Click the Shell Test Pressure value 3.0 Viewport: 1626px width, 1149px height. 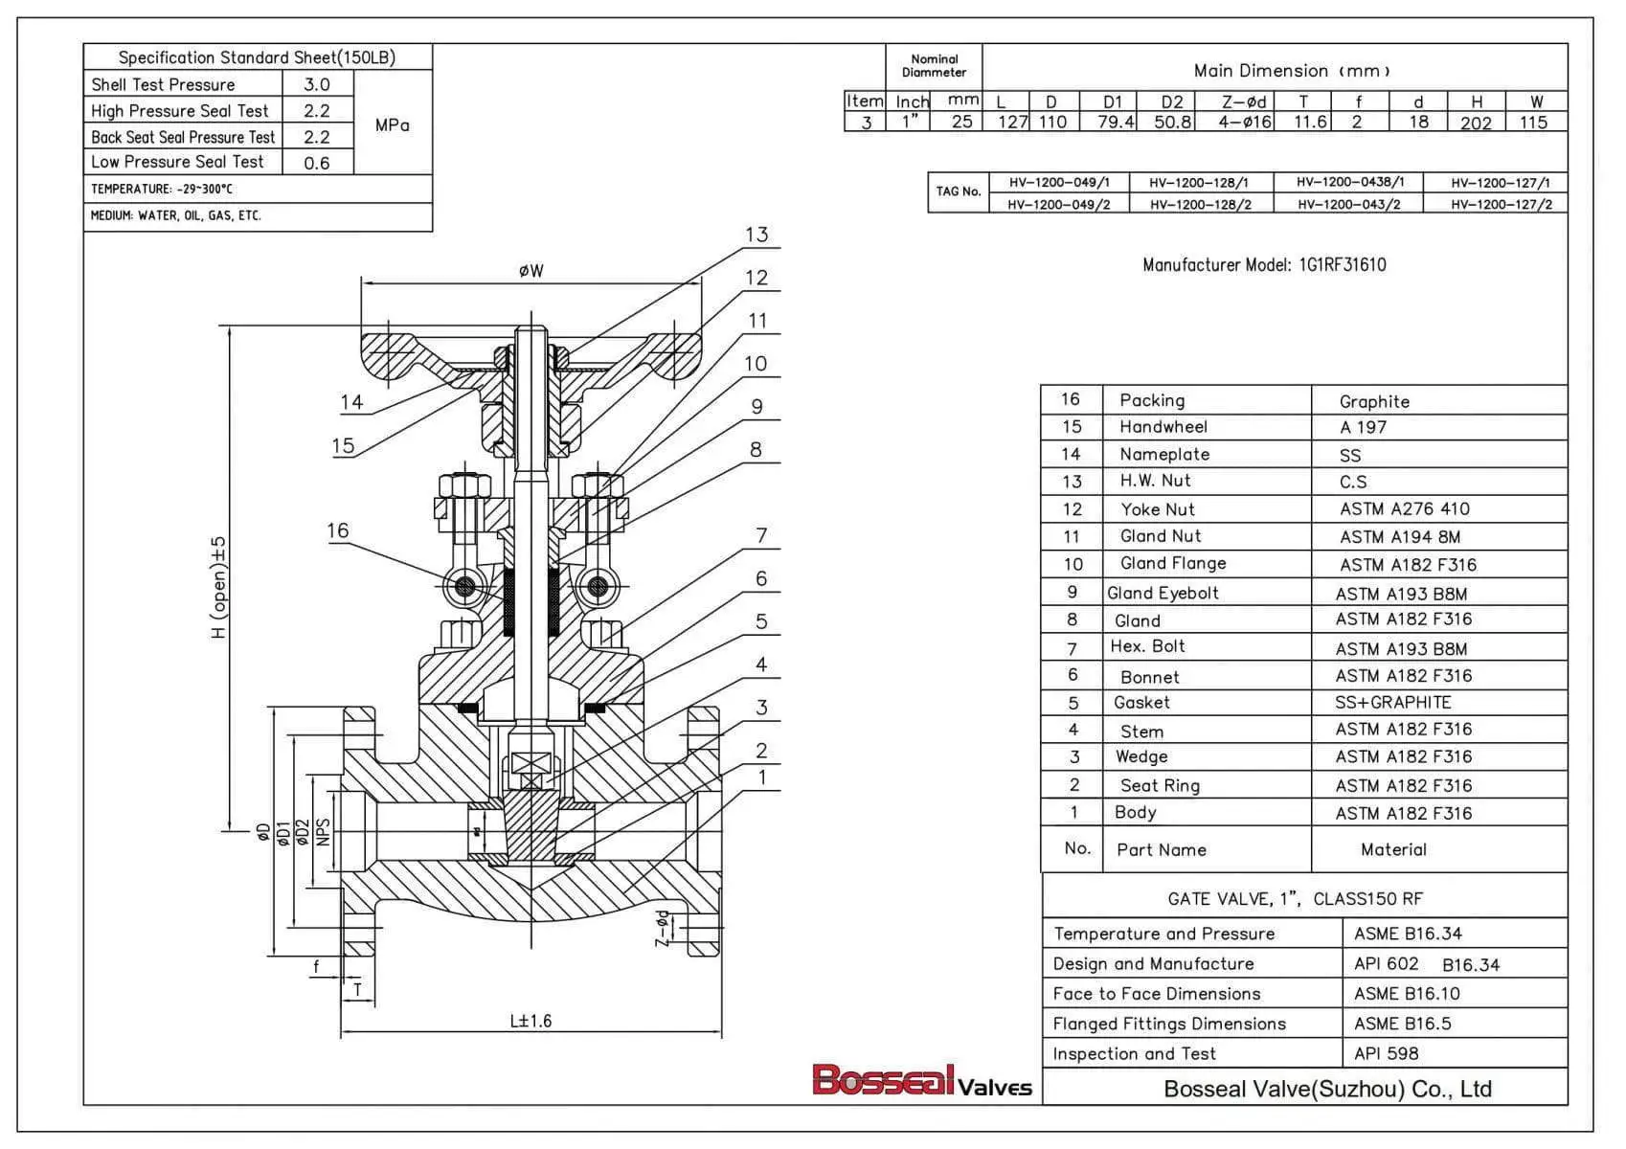317,84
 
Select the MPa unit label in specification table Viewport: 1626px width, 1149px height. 392,124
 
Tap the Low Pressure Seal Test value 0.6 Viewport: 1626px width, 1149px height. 317,163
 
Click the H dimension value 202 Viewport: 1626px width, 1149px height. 1476,123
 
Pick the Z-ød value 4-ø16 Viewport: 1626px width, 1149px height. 1245,122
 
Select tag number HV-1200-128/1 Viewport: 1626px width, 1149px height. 1199,182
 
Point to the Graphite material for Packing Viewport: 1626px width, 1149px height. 1374,401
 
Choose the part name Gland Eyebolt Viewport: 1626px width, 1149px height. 1163,593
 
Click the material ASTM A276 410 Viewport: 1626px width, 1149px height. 1404,508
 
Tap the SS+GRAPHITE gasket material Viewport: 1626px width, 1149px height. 1392,702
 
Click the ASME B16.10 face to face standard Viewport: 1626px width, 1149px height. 1406,993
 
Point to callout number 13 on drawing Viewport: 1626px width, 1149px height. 757,235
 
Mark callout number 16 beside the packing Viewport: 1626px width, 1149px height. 338,530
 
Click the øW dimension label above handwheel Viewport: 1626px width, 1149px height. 531,271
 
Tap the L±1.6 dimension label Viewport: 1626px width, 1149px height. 531,1021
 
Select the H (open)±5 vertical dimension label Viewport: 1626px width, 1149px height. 219,587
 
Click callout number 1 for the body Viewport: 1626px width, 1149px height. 762,777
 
